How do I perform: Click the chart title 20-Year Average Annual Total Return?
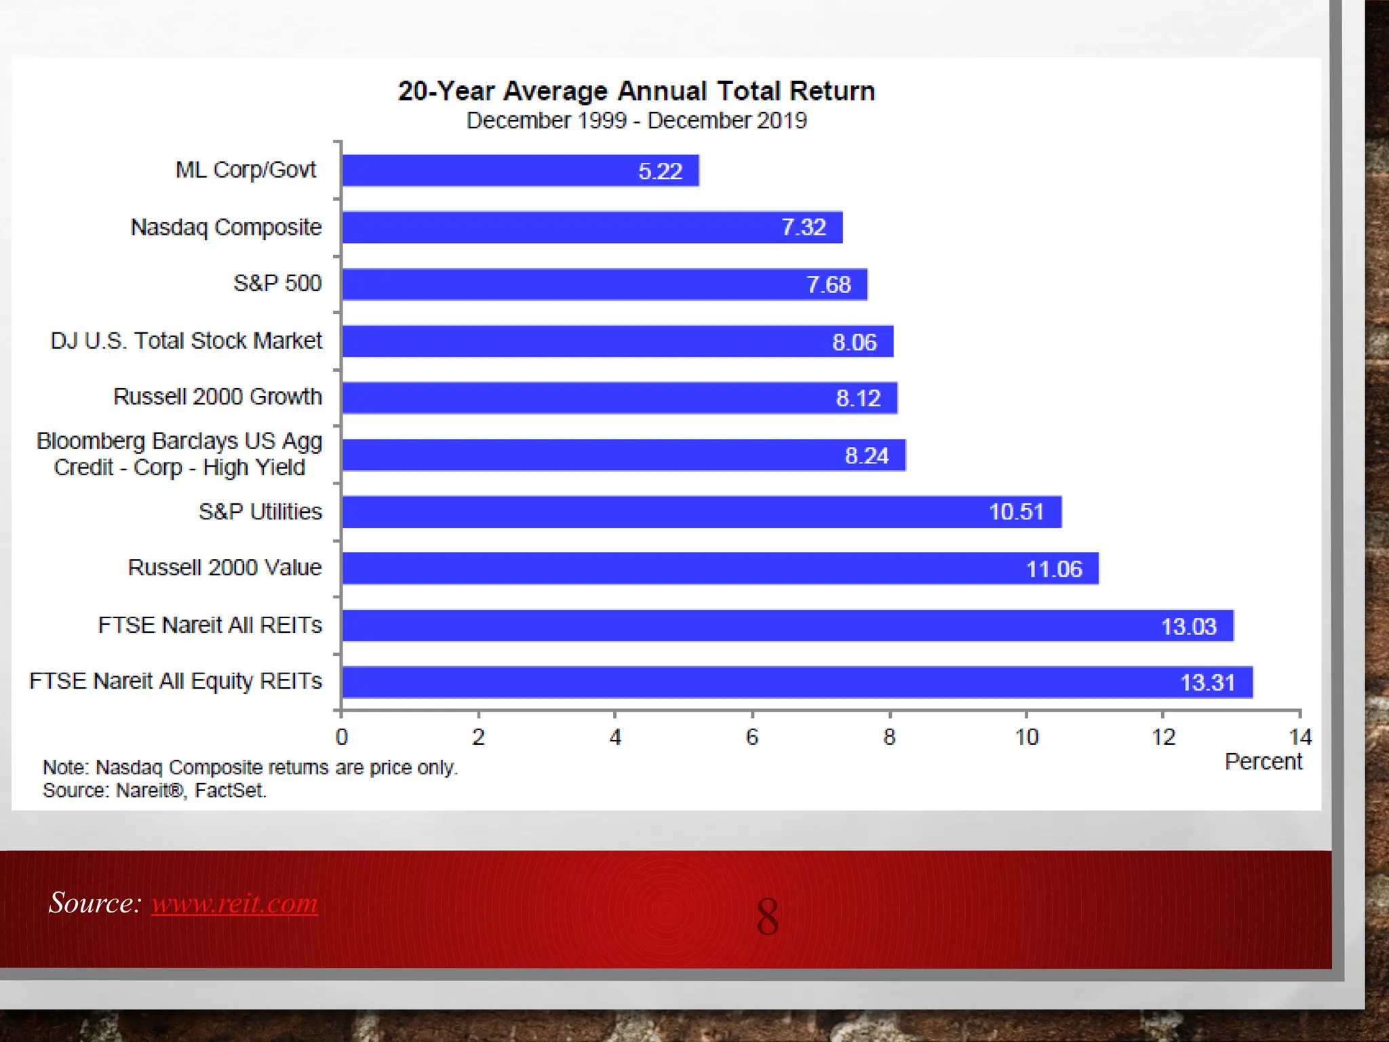[x=636, y=91]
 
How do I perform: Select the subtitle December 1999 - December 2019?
[x=636, y=121]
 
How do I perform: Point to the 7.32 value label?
[x=804, y=227]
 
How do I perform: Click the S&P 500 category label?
[x=277, y=283]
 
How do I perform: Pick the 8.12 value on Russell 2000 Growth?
[x=858, y=398]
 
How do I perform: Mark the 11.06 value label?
[x=1054, y=568]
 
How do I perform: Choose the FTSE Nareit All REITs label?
[x=210, y=625]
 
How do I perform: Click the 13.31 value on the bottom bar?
[x=1207, y=682]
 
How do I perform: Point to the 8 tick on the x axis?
[x=889, y=737]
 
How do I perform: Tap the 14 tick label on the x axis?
[x=1299, y=737]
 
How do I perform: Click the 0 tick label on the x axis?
[x=342, y=737]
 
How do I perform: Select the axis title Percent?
[x=1263, y=762]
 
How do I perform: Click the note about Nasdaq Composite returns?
[x=250, y=767]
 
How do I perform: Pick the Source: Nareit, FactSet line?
[x=155, y=790]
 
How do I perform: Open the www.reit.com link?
[x=235, y=903]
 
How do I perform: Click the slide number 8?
[x=767, y=916]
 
